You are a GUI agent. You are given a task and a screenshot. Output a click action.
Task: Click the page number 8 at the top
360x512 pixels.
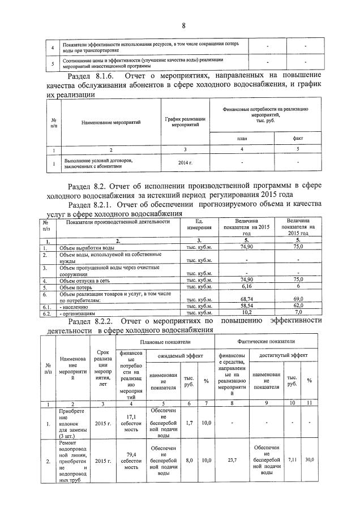coord(184,25)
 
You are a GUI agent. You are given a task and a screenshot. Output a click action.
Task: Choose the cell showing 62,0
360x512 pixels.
coord(300,306)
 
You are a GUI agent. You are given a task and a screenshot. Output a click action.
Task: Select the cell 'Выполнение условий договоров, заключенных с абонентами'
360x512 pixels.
coord(93,164)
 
